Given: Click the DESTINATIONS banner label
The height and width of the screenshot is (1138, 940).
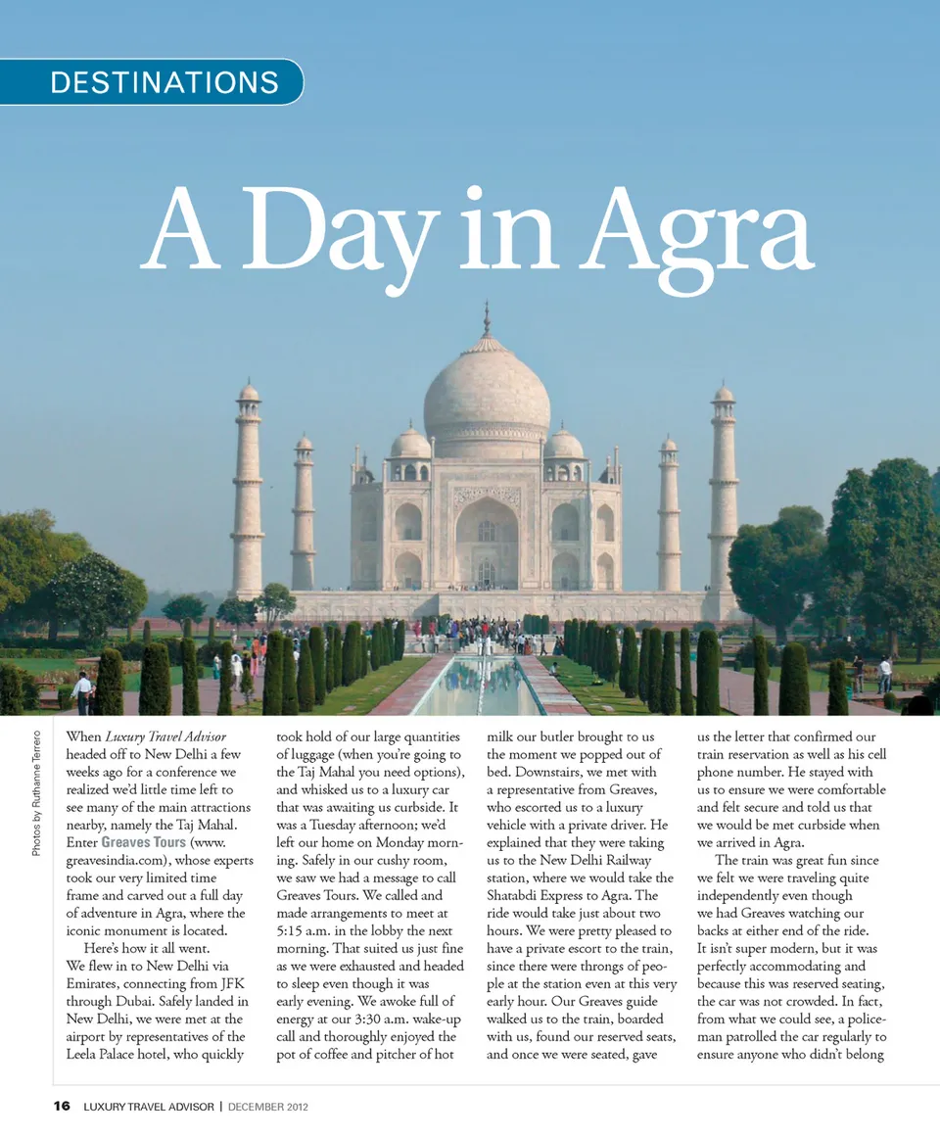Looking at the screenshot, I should pyautogui.click(x=164, y=82).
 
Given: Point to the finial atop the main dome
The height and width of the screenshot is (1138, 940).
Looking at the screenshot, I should pyautogui.click(x=487, y=319).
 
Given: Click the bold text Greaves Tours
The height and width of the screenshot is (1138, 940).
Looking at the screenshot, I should pyautogui.click(x=143, y=842).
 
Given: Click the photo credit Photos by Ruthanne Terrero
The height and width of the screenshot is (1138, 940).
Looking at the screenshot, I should pyautogui.click(x=36, y=786).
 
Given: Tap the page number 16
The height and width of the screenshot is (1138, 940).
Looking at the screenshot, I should pyautogui.click(x=62, y=1107).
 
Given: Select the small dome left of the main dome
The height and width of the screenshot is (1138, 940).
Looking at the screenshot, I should pyautogui.click(x=410, y=444).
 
